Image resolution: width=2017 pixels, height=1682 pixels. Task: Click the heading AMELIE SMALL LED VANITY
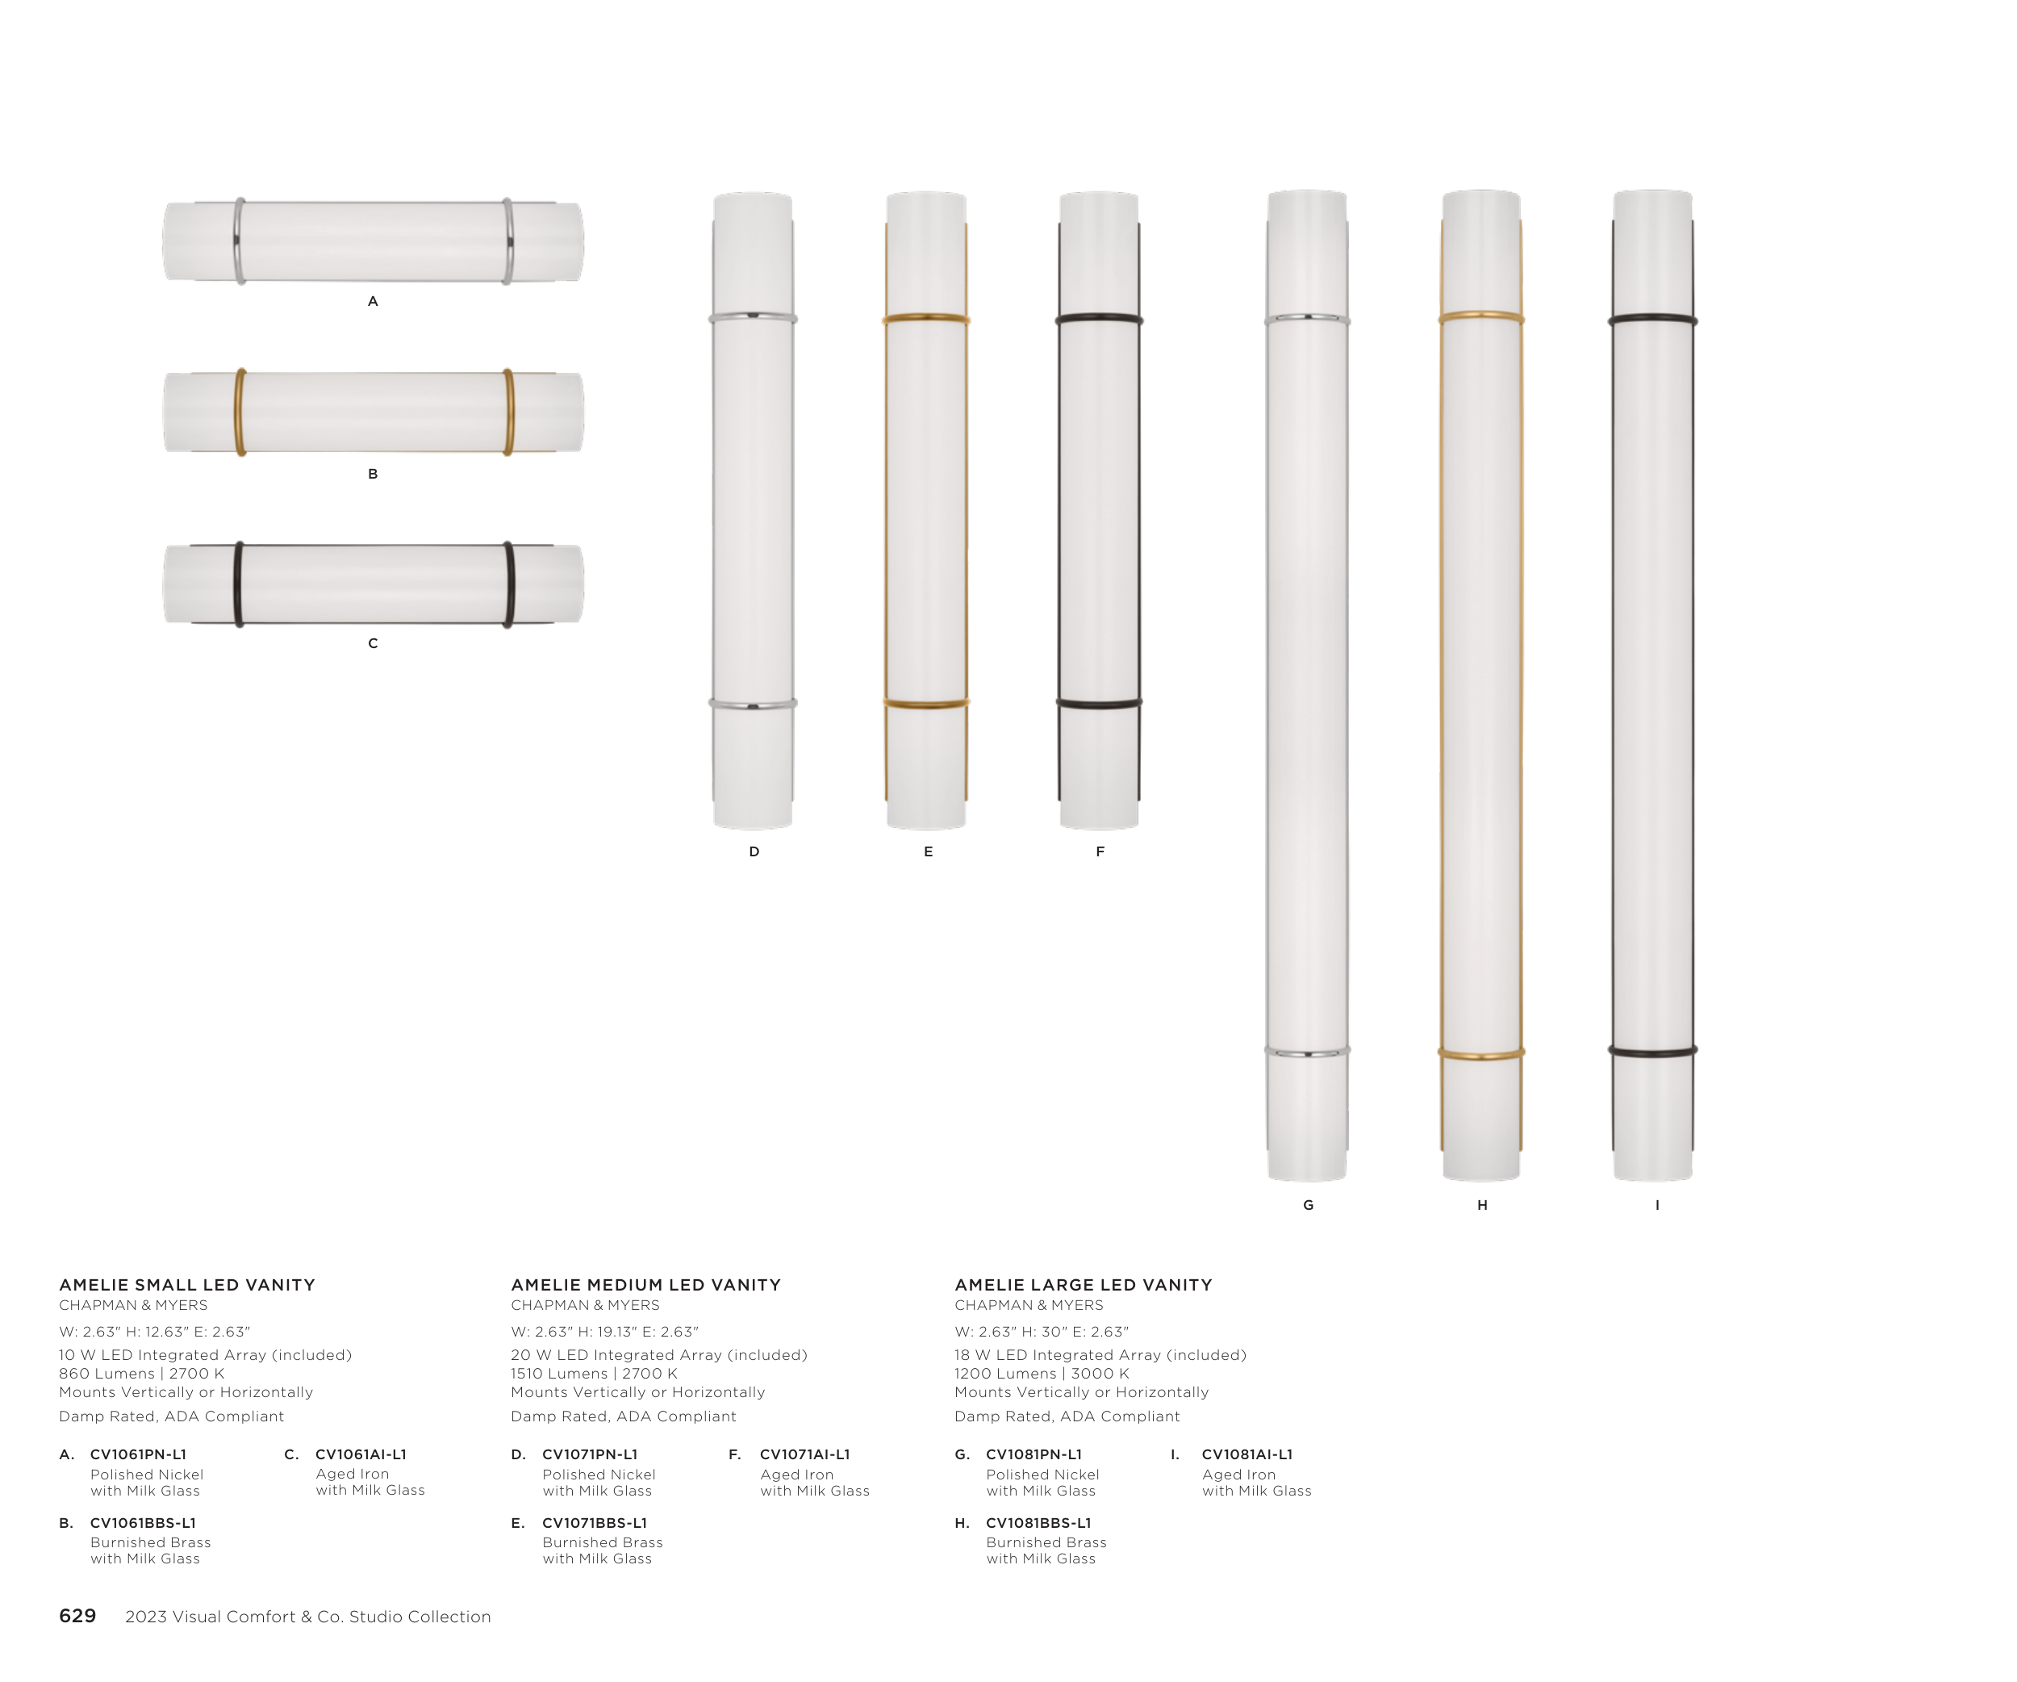187,1284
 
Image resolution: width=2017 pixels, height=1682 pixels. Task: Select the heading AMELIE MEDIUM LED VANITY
645,1284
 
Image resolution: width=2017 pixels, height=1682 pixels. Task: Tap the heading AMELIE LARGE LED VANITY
1084,1284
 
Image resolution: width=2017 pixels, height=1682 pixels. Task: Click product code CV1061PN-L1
138,1454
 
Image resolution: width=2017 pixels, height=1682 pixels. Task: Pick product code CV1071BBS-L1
595,1522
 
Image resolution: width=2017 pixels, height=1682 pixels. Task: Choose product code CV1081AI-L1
1247,1454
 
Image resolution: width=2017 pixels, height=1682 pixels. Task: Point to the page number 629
77,1616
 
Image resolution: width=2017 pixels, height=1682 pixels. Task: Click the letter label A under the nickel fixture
373,302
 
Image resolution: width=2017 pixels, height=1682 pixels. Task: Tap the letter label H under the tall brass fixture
1482,1204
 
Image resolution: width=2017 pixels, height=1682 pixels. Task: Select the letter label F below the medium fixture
1100,851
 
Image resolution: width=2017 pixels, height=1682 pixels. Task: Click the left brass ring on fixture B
241,412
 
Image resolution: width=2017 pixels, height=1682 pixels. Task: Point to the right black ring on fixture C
509,584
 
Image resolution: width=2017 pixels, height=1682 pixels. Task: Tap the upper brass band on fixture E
926,318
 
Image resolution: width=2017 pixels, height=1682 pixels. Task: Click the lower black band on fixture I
1653,1052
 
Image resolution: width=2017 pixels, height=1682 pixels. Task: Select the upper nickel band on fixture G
1307,318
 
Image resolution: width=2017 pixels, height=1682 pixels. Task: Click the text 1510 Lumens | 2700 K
594,1374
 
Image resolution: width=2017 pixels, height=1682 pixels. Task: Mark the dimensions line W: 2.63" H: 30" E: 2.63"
1041,1332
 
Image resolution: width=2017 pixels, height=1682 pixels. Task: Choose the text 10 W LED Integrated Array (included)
206,1355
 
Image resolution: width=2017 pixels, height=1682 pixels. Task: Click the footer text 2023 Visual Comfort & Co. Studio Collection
307,1617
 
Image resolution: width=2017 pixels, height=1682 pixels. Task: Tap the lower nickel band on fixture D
753,704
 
